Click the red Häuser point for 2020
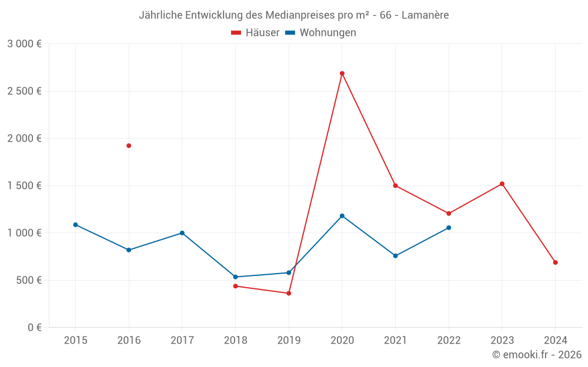pos(342,73)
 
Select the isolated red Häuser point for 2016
pos(129,146)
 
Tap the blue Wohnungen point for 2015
pos(75,225)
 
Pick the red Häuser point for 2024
pos(555,262)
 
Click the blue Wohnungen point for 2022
pos(449,228)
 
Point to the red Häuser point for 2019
pos(289,293)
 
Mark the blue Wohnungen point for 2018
pos(235,277)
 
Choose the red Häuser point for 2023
pos(502,184)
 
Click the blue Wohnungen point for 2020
pos(342,216)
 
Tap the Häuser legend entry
pos(255,33)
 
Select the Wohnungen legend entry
pos(321,33)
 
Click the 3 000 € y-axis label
pos(24,44)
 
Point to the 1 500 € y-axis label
pos(24,186)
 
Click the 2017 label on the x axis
pos(182,340)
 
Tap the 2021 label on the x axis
pos(395,340)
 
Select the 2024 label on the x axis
pos(555,340)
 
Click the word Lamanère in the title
pos(425,15)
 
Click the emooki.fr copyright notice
pos(537,355)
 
